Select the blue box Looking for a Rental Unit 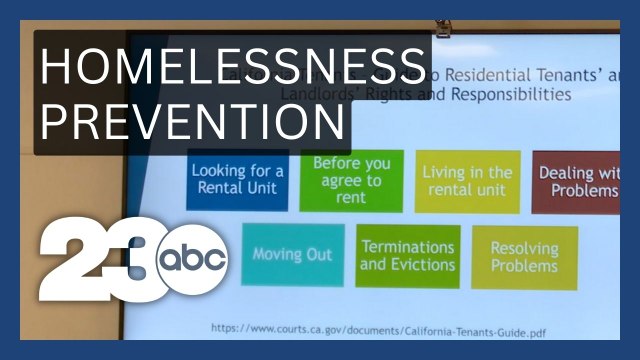coord(237,179)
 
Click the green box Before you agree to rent coord(351,180)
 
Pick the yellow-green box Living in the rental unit coord(467,180)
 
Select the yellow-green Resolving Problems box coord(524,257)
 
